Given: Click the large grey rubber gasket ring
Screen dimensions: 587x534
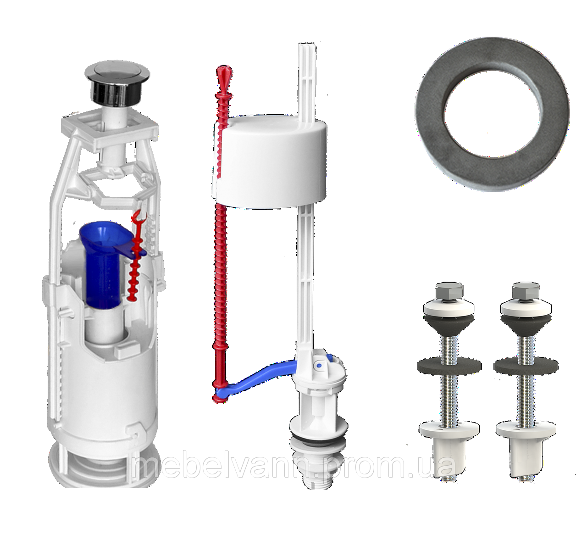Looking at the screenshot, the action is pos(492,114).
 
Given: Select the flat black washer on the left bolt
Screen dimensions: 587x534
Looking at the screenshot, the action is pos(449,366).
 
